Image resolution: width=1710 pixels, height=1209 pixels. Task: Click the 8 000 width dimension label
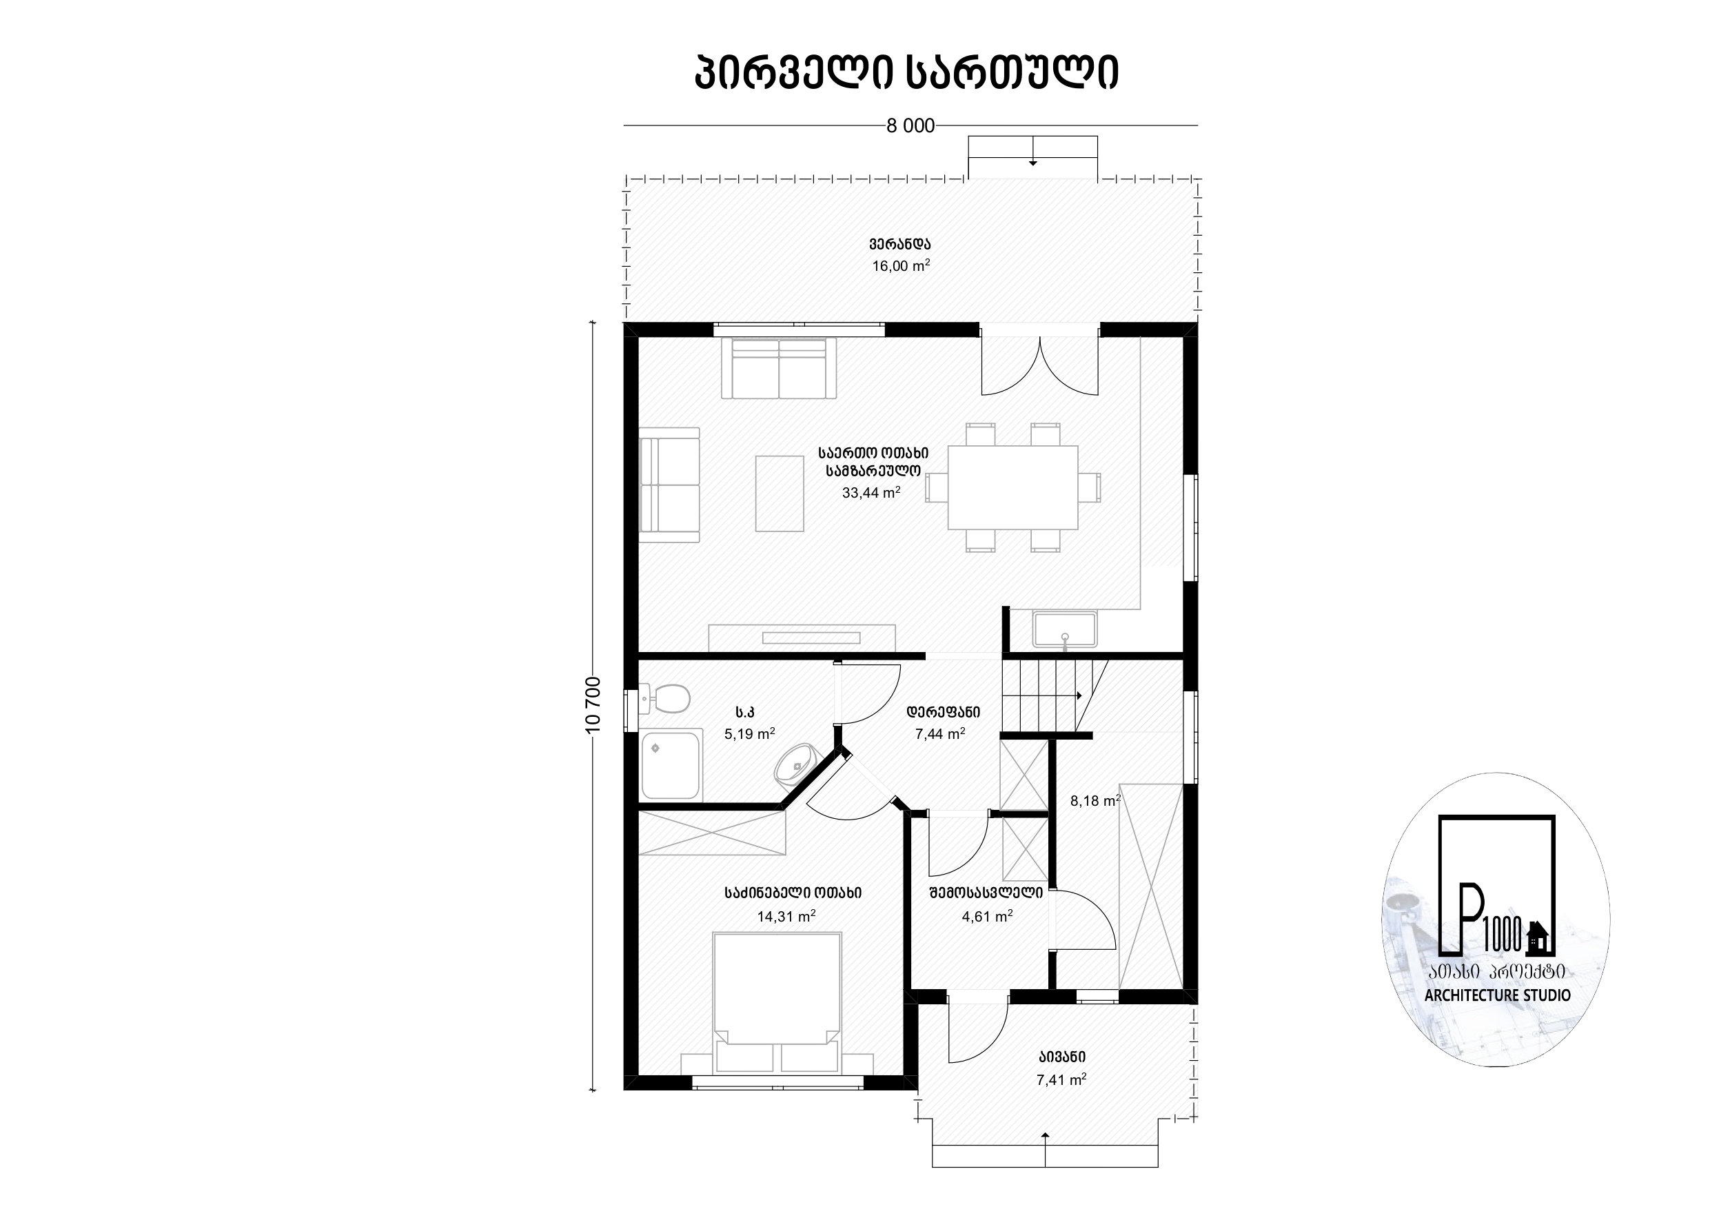[x=910, y=126]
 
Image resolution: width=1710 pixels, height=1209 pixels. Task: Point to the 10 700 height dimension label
[x=593, y=704]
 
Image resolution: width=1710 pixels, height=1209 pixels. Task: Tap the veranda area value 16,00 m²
[x=901, y=266]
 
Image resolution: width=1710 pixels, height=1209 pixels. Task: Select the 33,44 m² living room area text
[x=871, y=492]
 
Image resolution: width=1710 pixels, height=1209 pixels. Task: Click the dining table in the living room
[x=1013, y=487]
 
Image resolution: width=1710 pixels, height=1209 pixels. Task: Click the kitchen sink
[x=1065, y=629]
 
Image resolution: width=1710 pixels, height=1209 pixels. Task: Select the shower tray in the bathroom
[x=671, y=765]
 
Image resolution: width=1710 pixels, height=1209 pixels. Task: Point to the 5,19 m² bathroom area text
[x=750, y=734]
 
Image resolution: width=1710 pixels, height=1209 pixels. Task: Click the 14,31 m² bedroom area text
[x=786, y=916]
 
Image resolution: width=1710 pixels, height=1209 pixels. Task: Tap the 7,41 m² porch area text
[x=1061, y=1080]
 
